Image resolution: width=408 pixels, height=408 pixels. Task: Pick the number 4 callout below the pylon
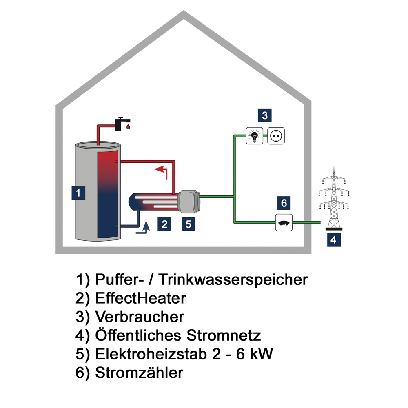(334, 240)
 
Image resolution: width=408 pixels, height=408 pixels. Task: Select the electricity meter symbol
(284, 222)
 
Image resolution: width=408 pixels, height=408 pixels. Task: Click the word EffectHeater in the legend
(140, 298)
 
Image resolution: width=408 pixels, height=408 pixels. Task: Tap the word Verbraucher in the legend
(140, 317)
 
